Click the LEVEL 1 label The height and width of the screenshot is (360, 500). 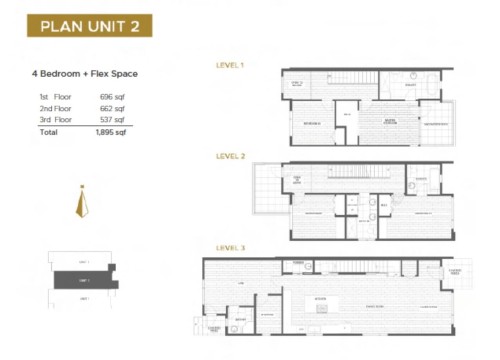coord(231,65)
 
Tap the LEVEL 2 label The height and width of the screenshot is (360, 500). coord(231,157)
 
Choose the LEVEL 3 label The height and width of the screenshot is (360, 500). coord(231,248)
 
